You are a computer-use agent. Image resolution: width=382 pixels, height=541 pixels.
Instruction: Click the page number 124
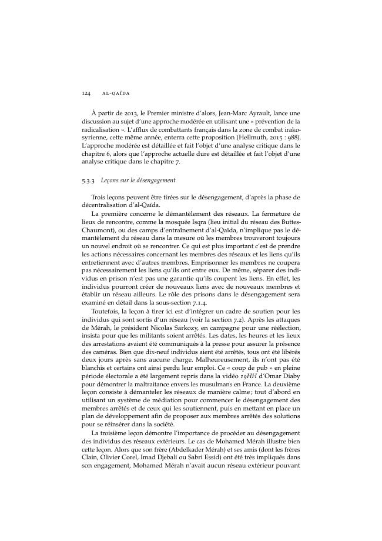pos(86,92)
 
